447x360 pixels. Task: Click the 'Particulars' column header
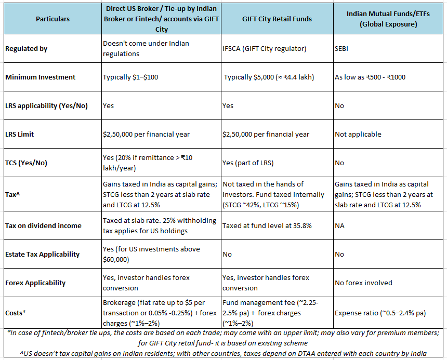point(52,19)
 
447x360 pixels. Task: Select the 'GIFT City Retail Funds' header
point(277,19)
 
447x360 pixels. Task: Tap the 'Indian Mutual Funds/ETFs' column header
point(389,19)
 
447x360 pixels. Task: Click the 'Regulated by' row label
point(26,48)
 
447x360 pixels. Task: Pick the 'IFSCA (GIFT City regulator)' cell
point(264,48)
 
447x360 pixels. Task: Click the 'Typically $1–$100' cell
point(130,77)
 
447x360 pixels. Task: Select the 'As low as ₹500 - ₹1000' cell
point(370,77)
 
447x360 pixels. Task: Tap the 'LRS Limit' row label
point(20,134)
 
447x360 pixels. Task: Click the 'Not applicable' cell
point(358,134)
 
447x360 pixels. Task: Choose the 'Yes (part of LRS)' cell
point(247,163)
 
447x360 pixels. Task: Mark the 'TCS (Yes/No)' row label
point(26,163)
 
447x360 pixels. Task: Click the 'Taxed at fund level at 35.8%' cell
point(267,225)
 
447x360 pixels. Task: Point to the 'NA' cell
point(340,225)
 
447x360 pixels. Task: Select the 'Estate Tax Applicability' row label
point(42,254)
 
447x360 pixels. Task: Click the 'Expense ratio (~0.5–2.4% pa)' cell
point(380,313)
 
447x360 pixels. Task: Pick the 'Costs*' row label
point(16,313)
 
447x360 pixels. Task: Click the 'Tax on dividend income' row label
point(43,225)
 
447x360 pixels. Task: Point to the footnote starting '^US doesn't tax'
point(223,353)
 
